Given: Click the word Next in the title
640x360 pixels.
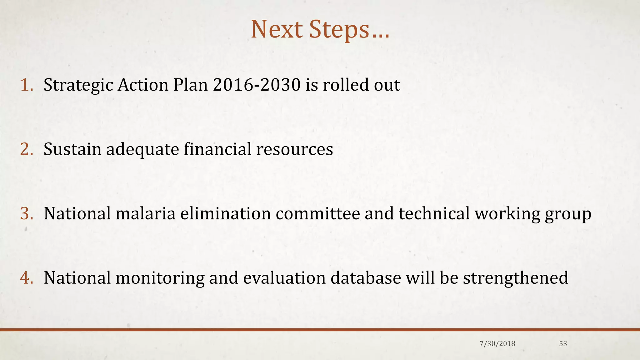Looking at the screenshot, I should pyautogui.click(x=277, y=29).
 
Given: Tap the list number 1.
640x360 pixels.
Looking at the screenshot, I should pyautogui.click(x=26, y=85).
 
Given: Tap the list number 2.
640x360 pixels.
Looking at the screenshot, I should pyautogui.click(x=26, y=149).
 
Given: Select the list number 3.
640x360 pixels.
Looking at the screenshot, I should pyautogui.click(x=26, y=214).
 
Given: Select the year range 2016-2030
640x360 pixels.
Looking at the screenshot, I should pyautogui.click(x=256, y=85).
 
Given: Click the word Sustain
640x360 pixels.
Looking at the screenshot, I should pyautogui.click(x=72, y=149).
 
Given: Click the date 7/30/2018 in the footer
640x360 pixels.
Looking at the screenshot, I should pyautogui.click(x=497, y=344).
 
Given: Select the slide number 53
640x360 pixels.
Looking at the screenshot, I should pyautogui.click(x=563, y=344).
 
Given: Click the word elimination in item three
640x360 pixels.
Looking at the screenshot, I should pyautogui.click(x=225, y=214).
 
